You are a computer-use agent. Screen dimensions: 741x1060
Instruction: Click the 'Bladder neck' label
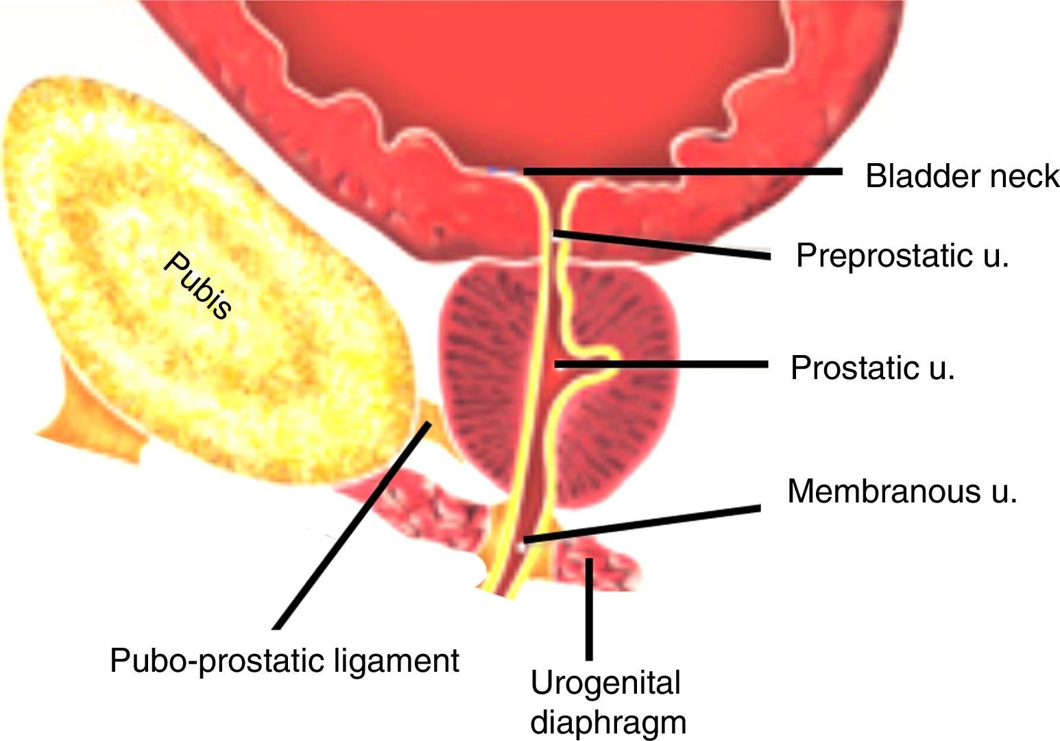(x=962, y=176)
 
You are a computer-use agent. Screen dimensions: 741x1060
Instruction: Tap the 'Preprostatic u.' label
(x=902, y=256)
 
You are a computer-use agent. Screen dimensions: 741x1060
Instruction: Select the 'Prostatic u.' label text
(x=872, y=368)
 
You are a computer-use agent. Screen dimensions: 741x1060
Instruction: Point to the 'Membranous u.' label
(x=902, y=491)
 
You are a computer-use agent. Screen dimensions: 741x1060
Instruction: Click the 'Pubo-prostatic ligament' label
(x=285, y=661)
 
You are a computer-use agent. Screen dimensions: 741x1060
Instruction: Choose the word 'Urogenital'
(x=605, y=683)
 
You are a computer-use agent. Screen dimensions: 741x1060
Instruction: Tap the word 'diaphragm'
(x=608, y=722)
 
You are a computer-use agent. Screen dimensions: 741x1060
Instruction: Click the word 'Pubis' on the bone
(x=198, y=285)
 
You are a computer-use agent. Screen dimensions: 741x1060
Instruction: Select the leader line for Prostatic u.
(x=662, y=365)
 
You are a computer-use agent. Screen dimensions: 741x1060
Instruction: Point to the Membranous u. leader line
(x=641, y=524)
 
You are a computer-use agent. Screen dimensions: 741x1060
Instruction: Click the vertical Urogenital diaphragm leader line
(x=588, y=610)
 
